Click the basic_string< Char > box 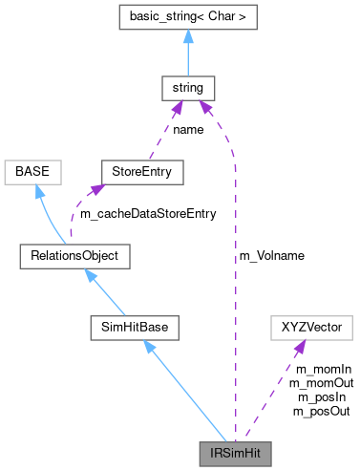click(x=188, y=17)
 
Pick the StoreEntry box click(x=141, y=173)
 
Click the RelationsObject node click(x=74, y=256)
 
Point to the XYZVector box click(x=311, y=327)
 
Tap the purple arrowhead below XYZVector click(x=300, y=348)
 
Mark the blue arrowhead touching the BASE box click(x=38, y=192)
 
